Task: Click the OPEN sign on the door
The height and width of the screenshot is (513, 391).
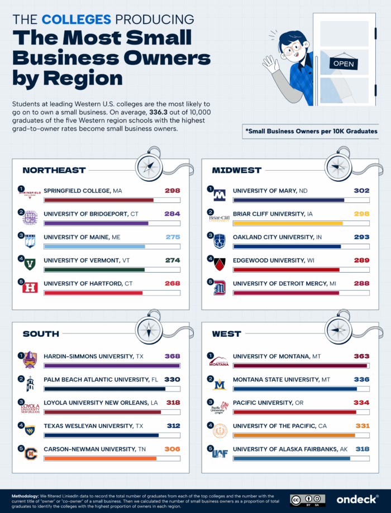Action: [344, 64]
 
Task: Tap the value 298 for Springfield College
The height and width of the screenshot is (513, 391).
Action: [172, 191]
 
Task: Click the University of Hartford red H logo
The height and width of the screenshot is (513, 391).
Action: [30, 288]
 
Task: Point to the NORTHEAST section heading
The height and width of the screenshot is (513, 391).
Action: [54, 170]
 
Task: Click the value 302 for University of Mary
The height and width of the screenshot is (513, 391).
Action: [361, 191]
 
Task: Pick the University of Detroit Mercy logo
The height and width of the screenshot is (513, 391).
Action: [220, 288]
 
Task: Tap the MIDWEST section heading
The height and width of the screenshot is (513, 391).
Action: [237, 170]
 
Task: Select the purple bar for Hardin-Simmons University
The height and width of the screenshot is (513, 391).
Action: [112, 366]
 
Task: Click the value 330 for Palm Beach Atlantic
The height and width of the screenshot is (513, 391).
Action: [172, 379]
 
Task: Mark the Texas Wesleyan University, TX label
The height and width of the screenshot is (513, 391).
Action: [93, 426]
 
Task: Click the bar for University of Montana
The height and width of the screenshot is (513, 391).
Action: [300, 366]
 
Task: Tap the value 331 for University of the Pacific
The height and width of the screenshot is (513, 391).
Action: [361, 426]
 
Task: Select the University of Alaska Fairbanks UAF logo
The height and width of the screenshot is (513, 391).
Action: [220, 453]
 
